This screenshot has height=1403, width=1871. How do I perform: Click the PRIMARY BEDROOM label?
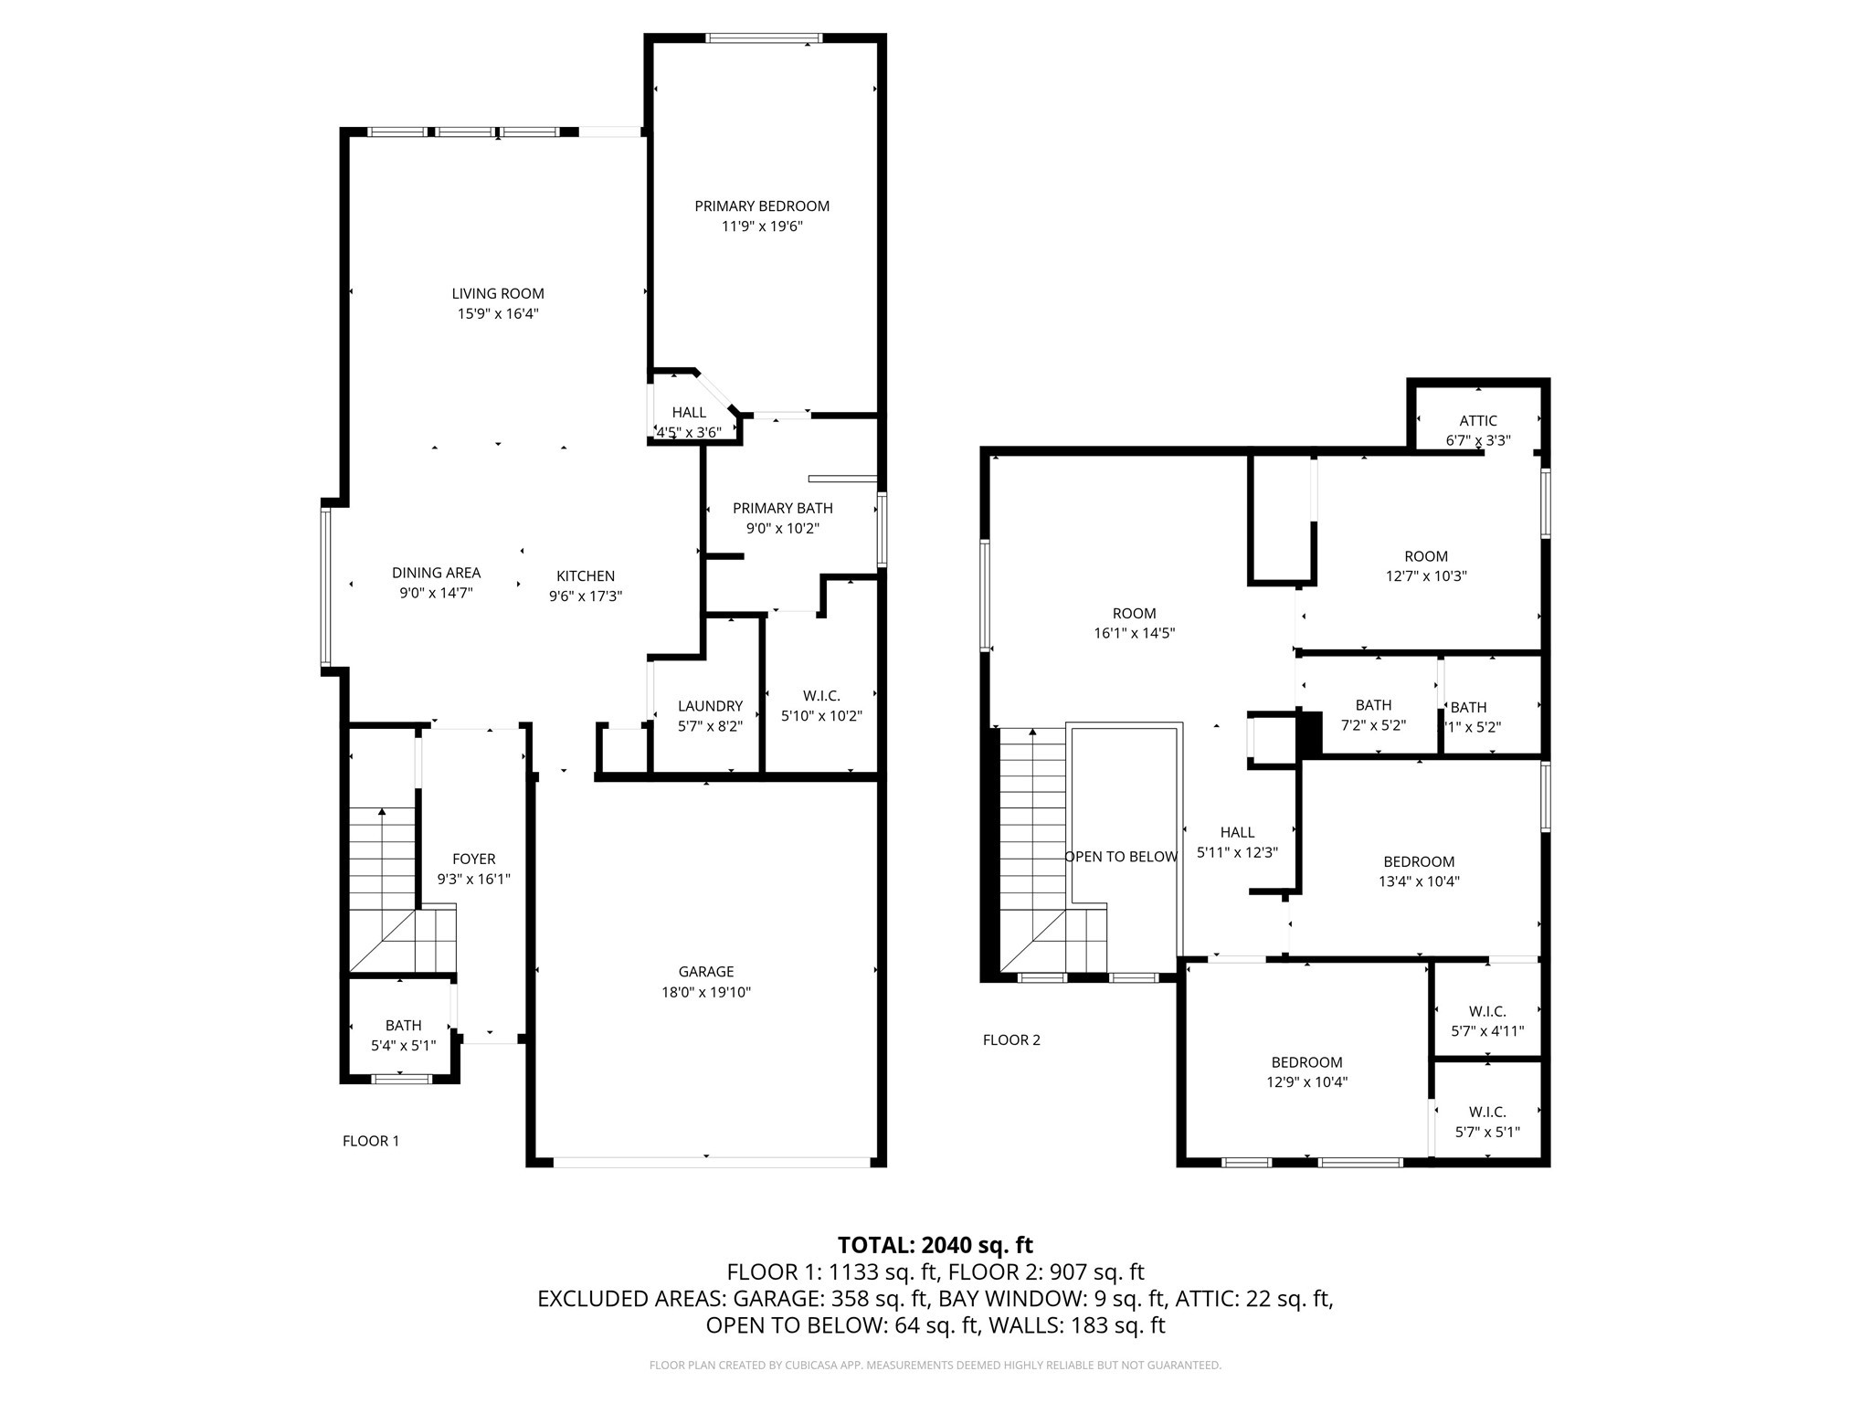[761, 206]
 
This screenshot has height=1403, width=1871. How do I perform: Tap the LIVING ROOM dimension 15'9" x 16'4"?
[498, 313]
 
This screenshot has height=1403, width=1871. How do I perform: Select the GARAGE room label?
[705, 972]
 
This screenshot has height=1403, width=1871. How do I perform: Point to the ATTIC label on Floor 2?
[1477, 421]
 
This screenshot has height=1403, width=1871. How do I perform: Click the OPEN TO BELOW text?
[1120, 857]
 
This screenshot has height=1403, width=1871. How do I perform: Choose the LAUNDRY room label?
[710, 706]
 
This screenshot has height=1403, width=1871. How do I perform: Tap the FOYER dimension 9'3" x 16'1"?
[473, 879]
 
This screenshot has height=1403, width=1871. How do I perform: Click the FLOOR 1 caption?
[370, 1141]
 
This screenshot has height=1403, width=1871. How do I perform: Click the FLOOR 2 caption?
[1010, 1039]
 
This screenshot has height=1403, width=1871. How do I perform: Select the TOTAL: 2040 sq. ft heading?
[935, 1245]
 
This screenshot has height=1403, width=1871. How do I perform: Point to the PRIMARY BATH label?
[782, 508]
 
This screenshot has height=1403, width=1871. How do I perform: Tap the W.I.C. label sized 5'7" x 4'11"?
[1487, 1011]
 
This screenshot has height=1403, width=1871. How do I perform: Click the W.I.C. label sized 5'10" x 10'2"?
[821, 696]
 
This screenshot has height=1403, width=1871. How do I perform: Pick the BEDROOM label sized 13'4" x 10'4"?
[1418, 861]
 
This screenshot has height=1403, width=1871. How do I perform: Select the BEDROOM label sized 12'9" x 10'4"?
[1306, 1062]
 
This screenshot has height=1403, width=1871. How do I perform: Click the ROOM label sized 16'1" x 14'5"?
[1134, 614]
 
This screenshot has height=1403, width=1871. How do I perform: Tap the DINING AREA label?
[436, 573]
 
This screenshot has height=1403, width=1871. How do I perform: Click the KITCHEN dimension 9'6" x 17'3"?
[585, 596]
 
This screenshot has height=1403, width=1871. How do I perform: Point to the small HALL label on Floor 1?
[688, 413]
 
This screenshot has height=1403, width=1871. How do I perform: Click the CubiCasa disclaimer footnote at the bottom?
[935, 1365]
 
